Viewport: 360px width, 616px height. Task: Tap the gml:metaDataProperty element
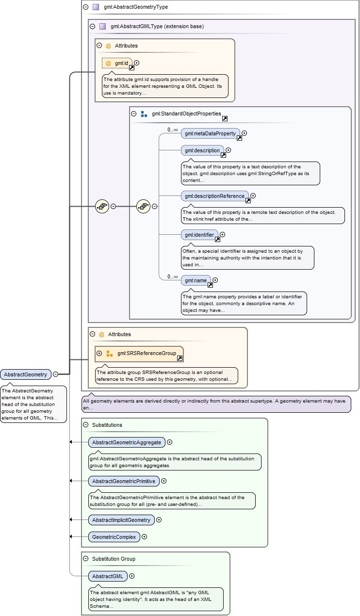pyautogui.click(x=210, y=133)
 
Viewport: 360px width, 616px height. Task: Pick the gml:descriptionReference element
pyautogui.click(x=214, y=196)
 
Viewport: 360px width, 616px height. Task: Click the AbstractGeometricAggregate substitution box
pyautogui.click(x=126, y=442)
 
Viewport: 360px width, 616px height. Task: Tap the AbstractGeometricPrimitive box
pyautogui.click(x=124, y=481)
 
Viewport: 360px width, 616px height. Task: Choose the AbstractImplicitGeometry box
pyautogui.click(x=121, y=520)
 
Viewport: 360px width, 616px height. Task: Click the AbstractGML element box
pyautogui.click(x=108, y=576)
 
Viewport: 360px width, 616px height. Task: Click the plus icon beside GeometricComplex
pyautogui.click(x=144, y=537)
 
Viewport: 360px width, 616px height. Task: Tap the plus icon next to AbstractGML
pyautogui.click(x=131, y=576)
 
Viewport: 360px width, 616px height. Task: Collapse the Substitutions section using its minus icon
pyautogui.click(x=86, y=425)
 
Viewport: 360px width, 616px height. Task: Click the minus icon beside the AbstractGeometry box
pyautogui.click(x=56, y=374)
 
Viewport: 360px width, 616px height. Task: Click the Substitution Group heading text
pyautogui.click(x=114, y=559)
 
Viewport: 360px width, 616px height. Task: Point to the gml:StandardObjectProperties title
pyautogui.click(x=186, y=114)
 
